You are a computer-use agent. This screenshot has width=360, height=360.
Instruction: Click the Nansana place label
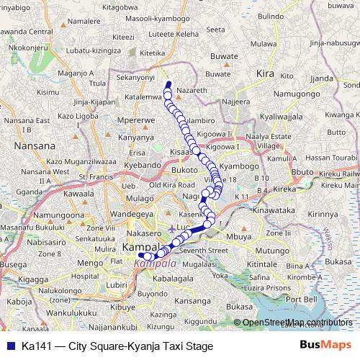click(x=35, y=145)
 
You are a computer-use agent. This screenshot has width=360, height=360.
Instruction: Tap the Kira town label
click(x=266, y=73)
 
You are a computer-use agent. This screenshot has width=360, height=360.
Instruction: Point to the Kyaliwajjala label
click(x=279, y=115)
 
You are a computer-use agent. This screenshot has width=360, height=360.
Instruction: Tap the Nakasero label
click(x=143, y=234)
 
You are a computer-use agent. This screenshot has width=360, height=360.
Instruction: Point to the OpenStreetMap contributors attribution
click(x=297, y=323)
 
